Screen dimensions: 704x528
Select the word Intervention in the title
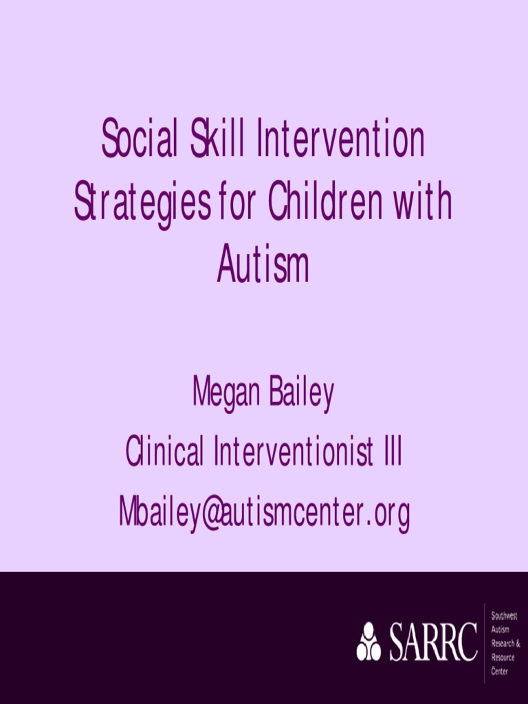(340, 137)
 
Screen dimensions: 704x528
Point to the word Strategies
(142, 203)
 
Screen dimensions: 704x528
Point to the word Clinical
(165, 453)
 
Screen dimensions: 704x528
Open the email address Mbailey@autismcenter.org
(264, 512)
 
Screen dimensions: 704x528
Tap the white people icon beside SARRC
(368, 642)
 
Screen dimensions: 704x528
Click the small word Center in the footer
(500, 671)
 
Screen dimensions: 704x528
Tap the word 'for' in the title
(238, 201)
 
